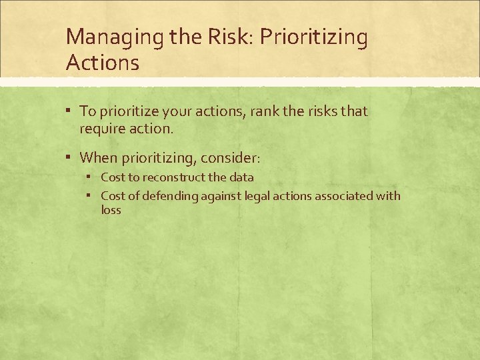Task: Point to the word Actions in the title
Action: pyautogui.click(x=103, y=63)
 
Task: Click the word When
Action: pyautogui.click(x=98, y=158)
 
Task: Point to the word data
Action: pyautogui.click(x=241, y=177)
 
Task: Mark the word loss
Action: pyautogui.click(x=111, y=209)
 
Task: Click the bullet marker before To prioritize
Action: pyautogui.click(x=69, y=111)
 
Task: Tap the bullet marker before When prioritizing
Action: pyautogui.click(x=69, y=157)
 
